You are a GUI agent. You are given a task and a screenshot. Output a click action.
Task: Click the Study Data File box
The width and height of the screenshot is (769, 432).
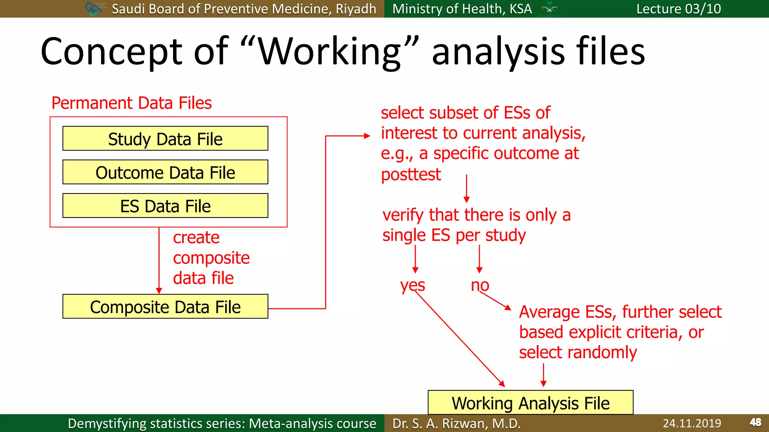(165, 139)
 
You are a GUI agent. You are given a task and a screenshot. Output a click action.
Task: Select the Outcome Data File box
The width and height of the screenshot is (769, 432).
(165, 172)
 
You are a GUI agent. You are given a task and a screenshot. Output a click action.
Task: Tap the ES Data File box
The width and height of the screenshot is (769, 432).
(165, 206)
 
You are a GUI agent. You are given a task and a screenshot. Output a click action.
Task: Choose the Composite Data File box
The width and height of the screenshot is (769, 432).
(165, 307)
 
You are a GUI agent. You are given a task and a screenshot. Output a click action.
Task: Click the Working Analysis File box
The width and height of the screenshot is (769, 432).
(530, 403)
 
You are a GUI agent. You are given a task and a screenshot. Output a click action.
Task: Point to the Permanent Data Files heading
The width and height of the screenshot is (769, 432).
(131, 103)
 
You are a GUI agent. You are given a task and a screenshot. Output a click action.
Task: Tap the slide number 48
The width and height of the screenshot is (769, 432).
(755, 423)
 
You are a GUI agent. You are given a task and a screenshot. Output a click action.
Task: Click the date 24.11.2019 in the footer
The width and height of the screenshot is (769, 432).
(692, 423)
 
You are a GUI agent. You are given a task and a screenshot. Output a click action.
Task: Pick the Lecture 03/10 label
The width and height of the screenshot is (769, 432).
(679, 9)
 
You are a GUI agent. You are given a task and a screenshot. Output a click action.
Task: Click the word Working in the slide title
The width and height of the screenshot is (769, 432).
(330, 52)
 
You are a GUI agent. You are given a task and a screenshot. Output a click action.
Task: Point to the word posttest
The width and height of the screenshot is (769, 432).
(411, 175)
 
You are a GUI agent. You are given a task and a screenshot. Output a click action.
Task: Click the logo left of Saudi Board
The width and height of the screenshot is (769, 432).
(94, 9)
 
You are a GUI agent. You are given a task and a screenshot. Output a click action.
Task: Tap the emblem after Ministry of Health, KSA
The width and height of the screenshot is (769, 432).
(549, 9)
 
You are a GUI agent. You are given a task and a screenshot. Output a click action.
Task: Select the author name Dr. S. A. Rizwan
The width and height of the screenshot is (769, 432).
(456, 423)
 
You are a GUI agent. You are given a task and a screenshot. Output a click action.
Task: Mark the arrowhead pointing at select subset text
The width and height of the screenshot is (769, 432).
(367, 136)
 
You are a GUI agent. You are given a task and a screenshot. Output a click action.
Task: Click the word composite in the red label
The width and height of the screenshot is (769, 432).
(211, 258)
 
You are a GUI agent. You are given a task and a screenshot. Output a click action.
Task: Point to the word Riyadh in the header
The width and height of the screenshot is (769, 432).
(356, 9)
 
